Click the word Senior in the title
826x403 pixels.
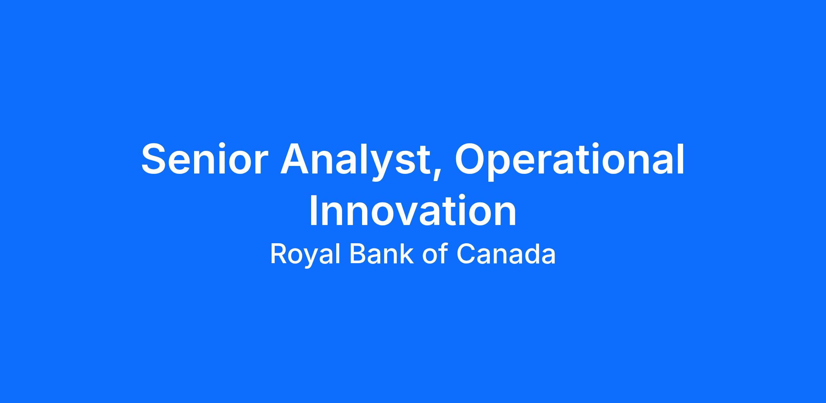(x=205, y=159)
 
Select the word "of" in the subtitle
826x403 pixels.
(x=435, y=254)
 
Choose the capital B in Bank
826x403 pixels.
(x=358, y=254)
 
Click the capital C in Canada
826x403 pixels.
(x=466, y=254)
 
